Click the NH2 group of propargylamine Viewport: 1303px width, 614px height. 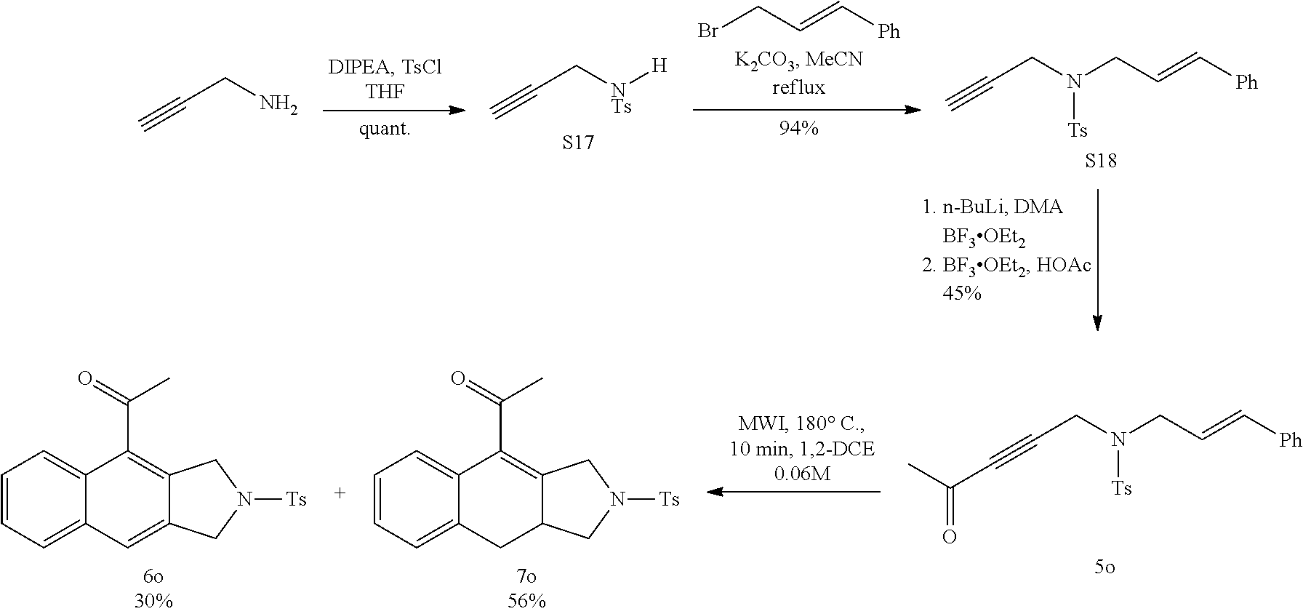click(278, 105)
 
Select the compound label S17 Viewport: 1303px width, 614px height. click(577, 143)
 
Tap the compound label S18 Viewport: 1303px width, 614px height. click(1101, 162)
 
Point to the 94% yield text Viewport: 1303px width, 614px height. click(799, 129)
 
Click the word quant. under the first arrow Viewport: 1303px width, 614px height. click(385, 130)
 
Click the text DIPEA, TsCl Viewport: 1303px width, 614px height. click(384, 68)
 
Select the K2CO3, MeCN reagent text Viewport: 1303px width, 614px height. click(798, 60)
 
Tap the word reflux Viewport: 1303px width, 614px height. click(798, 87)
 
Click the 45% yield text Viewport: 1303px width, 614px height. click(962, 293)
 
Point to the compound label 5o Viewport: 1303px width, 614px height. click(1104, 567)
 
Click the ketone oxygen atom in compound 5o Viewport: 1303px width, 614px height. click(949, 538)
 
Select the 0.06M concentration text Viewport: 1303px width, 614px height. click(801, 474)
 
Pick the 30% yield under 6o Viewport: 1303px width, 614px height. click(153, 601)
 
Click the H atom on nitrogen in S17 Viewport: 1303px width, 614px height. click(658, 67)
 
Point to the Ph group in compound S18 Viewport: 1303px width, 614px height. click(1246, 83)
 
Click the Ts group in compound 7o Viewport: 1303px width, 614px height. click(668, 499)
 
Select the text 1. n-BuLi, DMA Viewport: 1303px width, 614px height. click(992, 208)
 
